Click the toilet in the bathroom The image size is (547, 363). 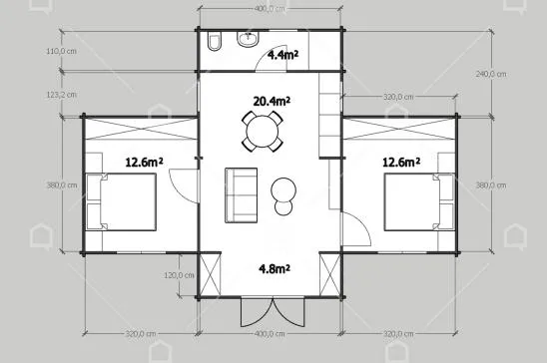(214, 41)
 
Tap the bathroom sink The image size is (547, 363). (249, 38)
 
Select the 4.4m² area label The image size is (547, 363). (282, 55)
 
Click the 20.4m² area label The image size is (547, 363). (272, 101)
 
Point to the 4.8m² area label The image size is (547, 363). (274, 268)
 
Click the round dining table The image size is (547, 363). (263, 132)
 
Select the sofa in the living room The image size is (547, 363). (241, 195)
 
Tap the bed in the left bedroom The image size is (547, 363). (121, 202)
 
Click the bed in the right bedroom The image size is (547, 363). (419, 202)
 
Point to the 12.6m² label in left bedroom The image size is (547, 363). (144, 162)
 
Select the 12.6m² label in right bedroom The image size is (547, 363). (401, 162)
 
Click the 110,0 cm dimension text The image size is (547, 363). (62, 51)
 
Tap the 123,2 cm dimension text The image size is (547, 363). (62, 95)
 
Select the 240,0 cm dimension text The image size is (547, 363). (491, 74)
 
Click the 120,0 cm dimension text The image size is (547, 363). (180, 275)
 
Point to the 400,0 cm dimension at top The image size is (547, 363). (270, 9)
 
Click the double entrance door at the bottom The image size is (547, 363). (273, 312)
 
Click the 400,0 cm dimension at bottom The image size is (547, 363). (270, 334)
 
